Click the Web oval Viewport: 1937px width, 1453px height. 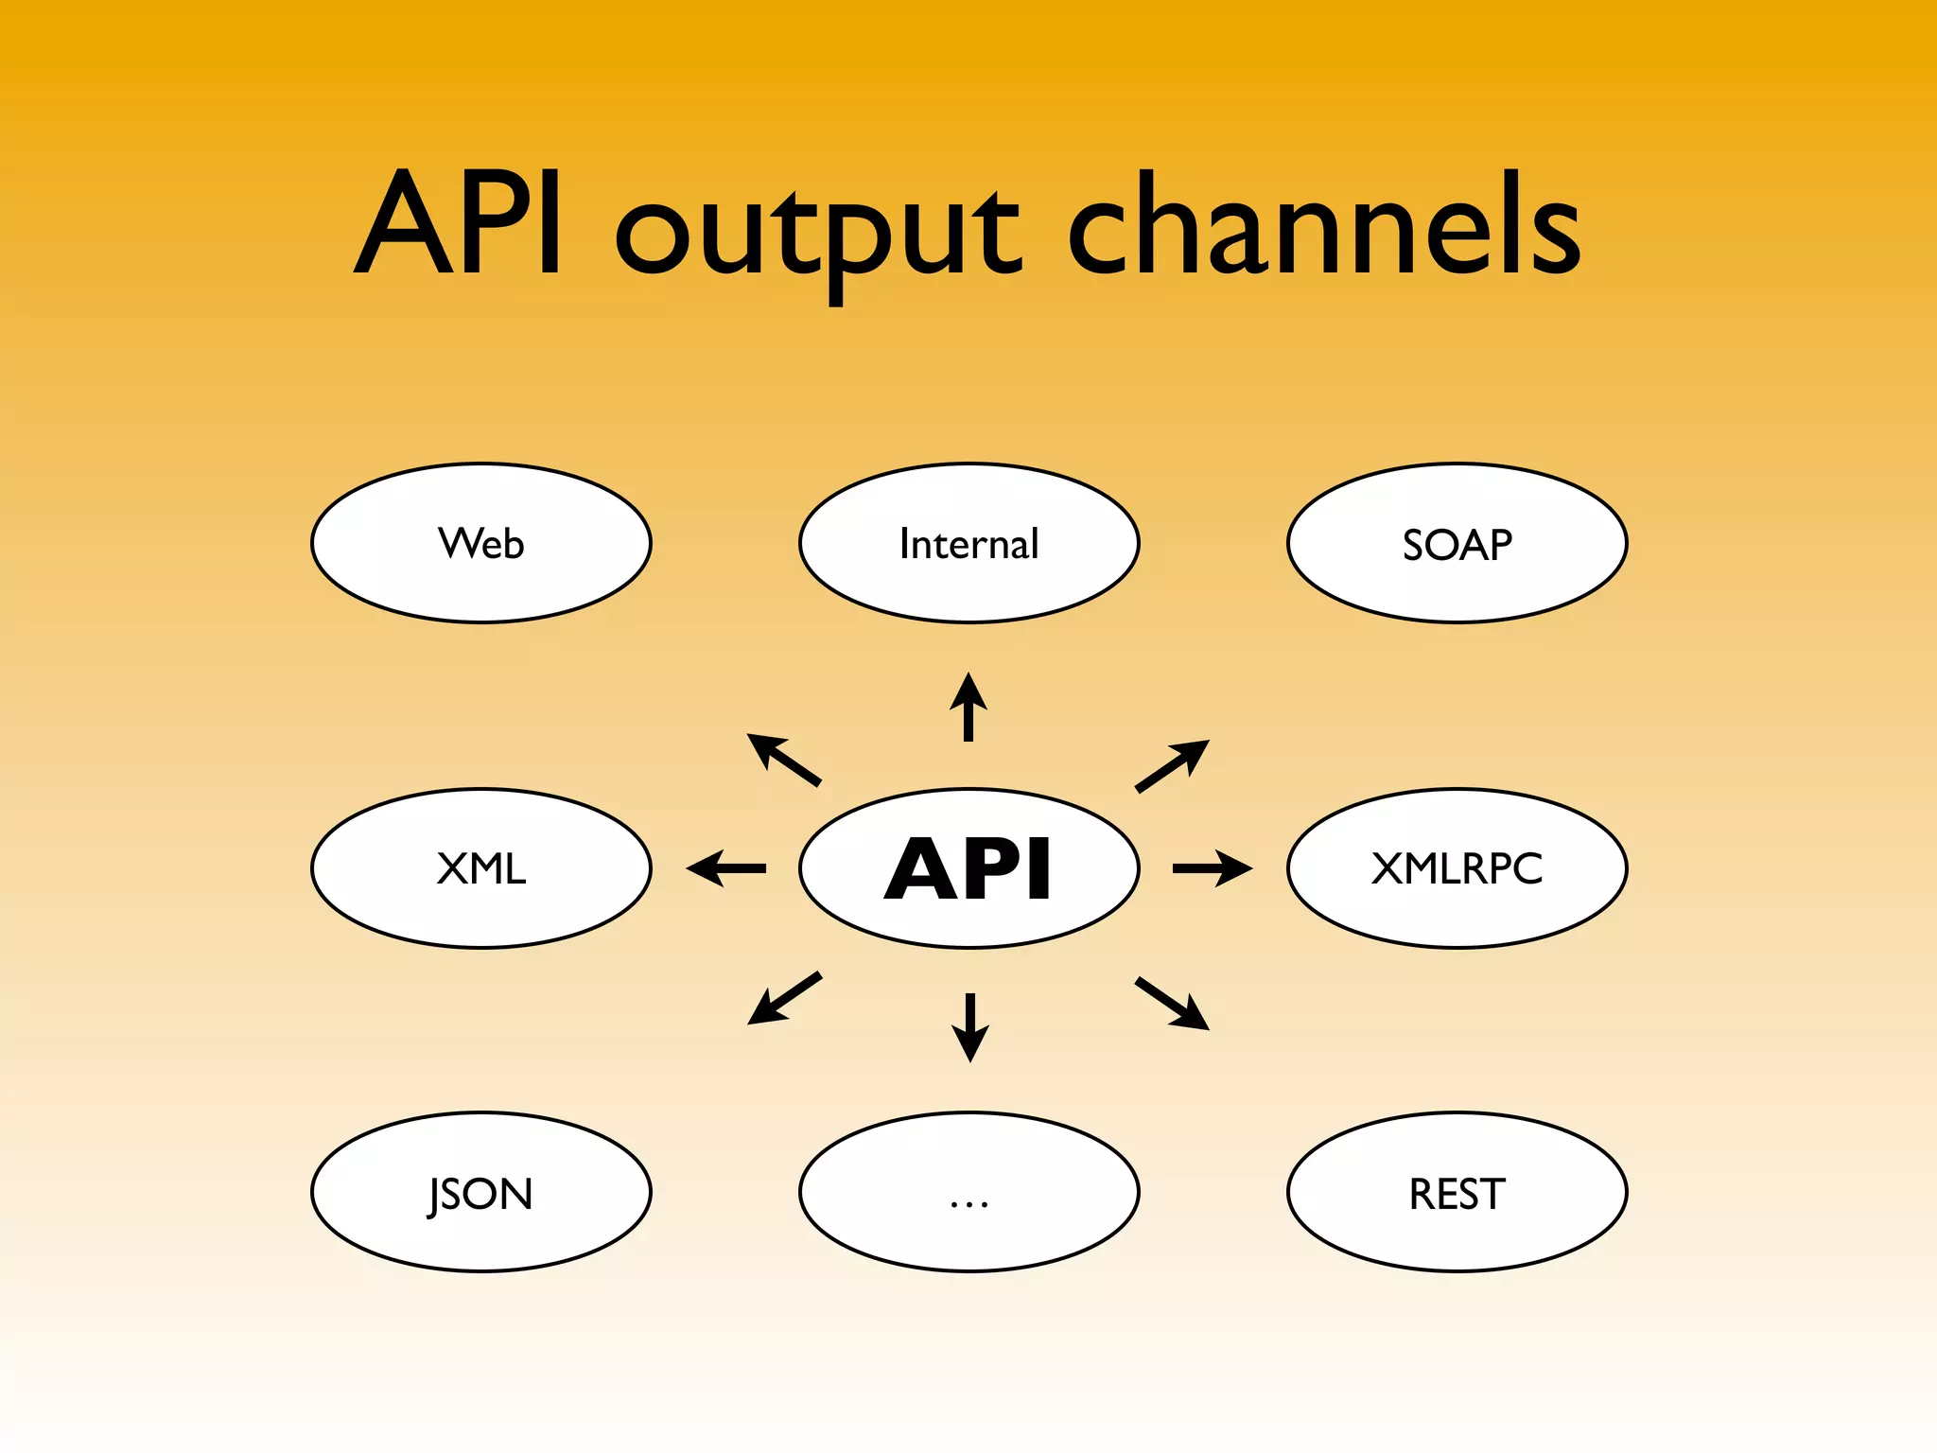tap(481, 543)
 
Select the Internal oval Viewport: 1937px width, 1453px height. tap(969, 543)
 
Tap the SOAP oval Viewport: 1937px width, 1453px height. tap(1457, 543)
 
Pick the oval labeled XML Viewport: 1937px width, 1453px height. tap(481, 867)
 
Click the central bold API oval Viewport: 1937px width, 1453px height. tap(969, 867)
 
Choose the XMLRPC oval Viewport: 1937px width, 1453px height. tap(1457, 867)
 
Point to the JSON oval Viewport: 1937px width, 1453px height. tap(481, 1192)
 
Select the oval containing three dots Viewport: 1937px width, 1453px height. tap(969, 1192)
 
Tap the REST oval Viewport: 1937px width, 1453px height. tap(1457, 1192)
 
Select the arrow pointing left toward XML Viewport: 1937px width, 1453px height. tap(726, 867)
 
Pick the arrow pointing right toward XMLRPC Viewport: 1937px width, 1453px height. tap(1213, 867)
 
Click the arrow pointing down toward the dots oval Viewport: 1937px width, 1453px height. tap(969, 1027)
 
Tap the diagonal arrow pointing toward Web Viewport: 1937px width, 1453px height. tap(784, 760)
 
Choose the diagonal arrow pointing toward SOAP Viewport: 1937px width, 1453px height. tap(1172, 765)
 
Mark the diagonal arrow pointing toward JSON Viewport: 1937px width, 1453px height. tap(784, 998)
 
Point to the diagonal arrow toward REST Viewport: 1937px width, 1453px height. tap(1172, 1003)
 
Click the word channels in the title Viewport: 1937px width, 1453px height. tap(1324, 227)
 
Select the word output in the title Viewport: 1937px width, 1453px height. tap(818, 232)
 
